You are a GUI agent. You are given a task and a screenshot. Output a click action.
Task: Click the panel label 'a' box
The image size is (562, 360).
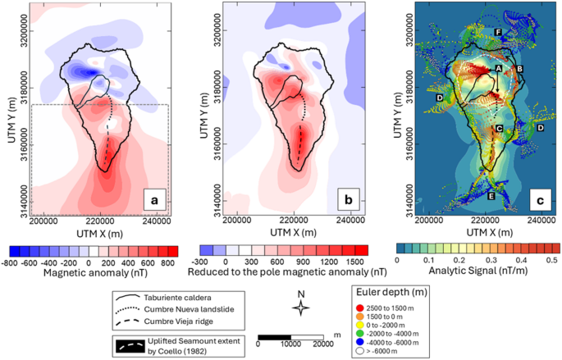155,200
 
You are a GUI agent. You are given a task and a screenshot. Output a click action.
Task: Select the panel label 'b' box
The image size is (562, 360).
349,199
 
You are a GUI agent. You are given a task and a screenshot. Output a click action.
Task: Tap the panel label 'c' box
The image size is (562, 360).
540,200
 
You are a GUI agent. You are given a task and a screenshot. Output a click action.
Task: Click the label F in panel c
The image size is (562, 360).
497,33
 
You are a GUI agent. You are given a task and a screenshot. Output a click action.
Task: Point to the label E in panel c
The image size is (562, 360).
491,196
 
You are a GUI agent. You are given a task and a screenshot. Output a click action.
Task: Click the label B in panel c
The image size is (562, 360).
519,69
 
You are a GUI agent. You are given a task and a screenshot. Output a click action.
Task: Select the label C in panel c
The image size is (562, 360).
499,128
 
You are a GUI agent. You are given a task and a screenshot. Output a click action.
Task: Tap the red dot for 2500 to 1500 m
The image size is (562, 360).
360,308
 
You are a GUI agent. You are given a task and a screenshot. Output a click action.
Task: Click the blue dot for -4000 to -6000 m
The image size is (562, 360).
360,343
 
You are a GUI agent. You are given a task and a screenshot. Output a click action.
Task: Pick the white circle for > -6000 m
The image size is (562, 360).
360,351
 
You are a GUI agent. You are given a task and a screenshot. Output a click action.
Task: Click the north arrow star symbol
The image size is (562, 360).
301,308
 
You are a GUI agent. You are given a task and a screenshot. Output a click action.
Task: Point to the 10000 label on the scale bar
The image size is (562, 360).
290,344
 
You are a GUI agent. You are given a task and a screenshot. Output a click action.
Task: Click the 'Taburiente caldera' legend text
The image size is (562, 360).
178,298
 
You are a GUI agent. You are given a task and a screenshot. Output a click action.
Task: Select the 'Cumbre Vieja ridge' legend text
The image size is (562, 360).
179,321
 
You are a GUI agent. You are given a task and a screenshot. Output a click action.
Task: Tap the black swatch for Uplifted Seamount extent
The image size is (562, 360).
130,346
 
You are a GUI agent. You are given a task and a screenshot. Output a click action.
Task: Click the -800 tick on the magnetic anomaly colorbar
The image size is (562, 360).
10,263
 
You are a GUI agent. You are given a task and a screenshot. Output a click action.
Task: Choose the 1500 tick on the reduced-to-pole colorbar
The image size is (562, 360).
355,262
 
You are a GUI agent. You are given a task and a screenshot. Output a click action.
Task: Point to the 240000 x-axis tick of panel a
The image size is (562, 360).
158,221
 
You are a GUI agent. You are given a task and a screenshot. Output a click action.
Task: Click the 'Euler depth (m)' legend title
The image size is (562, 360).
391,292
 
